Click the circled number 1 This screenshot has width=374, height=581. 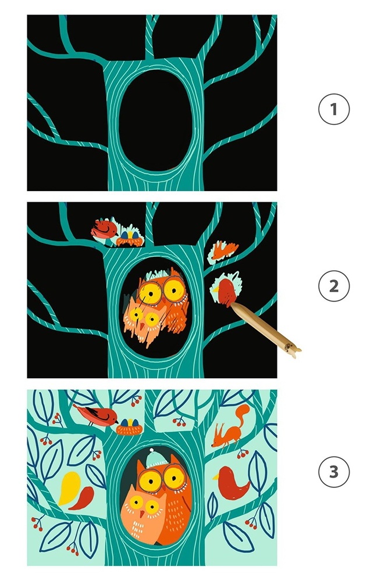click(x=334, y=109)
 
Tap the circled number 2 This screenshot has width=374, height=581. click(x=334, y=286)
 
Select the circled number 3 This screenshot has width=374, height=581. click(x=334, y=472)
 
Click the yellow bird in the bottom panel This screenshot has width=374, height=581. click(x=70, y=488)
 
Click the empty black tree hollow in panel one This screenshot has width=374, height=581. click(x=156, y=120)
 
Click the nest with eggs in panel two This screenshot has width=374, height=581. click(x=129, y=239)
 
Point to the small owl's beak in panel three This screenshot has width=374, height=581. click(x=142, y=514)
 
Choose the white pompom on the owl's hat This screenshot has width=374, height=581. click(x=151, y=450)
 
